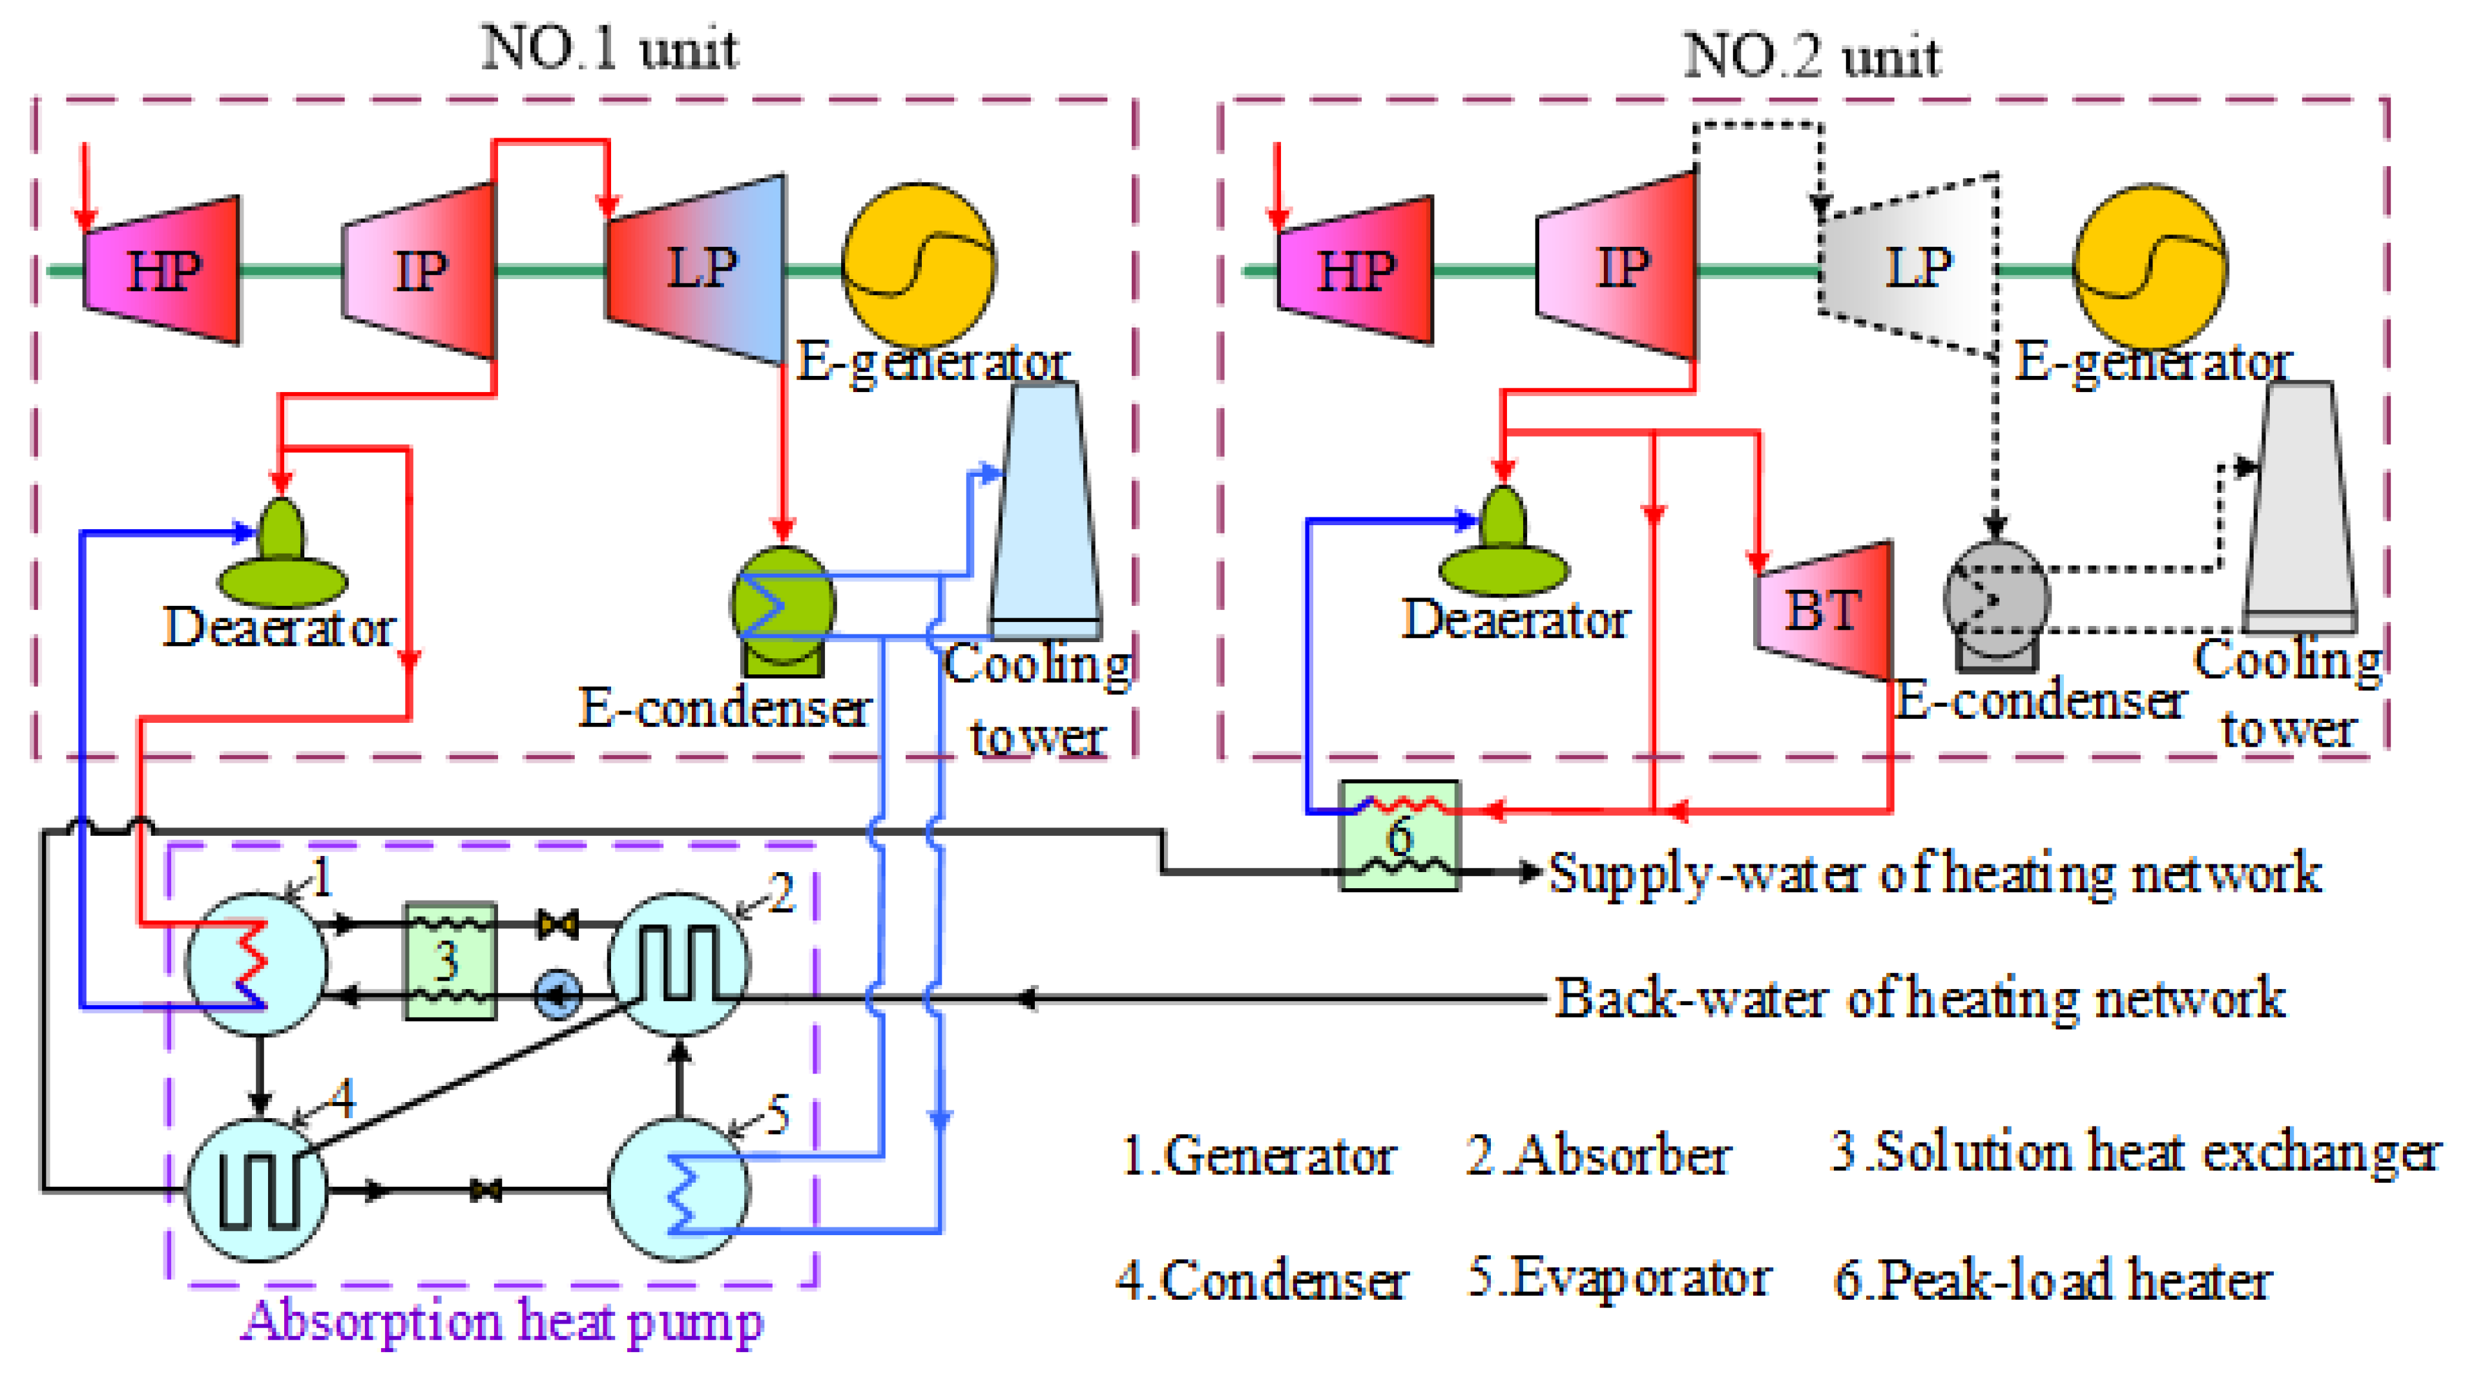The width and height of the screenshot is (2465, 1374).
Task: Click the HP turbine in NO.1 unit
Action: (163, 270)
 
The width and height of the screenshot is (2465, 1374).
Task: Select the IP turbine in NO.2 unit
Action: (1617, 268)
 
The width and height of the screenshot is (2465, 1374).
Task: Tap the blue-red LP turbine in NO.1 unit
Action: (696, 268)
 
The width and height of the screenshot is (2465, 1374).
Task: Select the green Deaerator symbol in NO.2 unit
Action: (1504, 545)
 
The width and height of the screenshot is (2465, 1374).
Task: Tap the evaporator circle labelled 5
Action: (680, 1189)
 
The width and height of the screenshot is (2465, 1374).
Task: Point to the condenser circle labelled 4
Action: (256, 1189)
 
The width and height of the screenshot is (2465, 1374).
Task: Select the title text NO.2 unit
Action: (1811, 57)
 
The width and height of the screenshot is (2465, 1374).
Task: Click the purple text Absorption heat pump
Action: (503, 1322)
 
